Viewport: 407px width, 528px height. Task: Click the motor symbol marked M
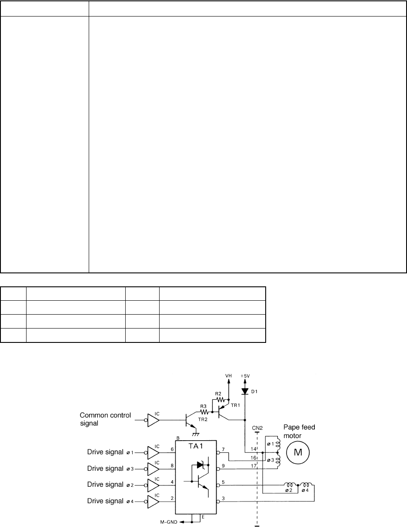click(x=298, y=452)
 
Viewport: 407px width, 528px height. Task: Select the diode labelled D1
click(x=245, y=391)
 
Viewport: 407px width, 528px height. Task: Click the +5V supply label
click(x=245, y=374)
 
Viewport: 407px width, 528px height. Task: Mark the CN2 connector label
click(x=257, y=427)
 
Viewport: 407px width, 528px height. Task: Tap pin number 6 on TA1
click(x=172, y=449)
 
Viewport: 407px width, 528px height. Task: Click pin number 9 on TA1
click(x=223, y=465)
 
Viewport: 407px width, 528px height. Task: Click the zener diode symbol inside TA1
click(x=200, y=465)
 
